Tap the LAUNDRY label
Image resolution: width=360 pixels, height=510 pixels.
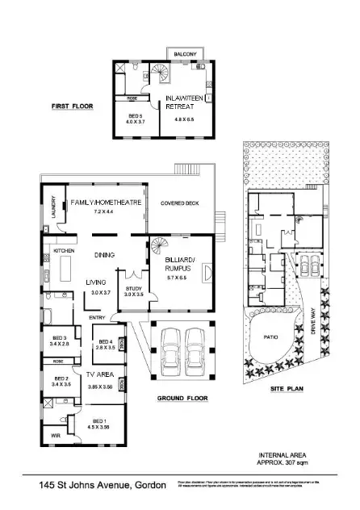tap(49, 210)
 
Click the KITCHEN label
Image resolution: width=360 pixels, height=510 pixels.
tap(64, 251)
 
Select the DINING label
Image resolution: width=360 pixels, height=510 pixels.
tap(103, 255)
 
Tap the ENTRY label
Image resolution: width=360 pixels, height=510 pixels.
tap(98, 317)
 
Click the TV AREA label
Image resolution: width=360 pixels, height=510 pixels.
tap(102, 376)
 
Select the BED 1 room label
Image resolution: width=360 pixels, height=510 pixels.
tap(100, 420)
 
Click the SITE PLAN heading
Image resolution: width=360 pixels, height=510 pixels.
tap(287, 389)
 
